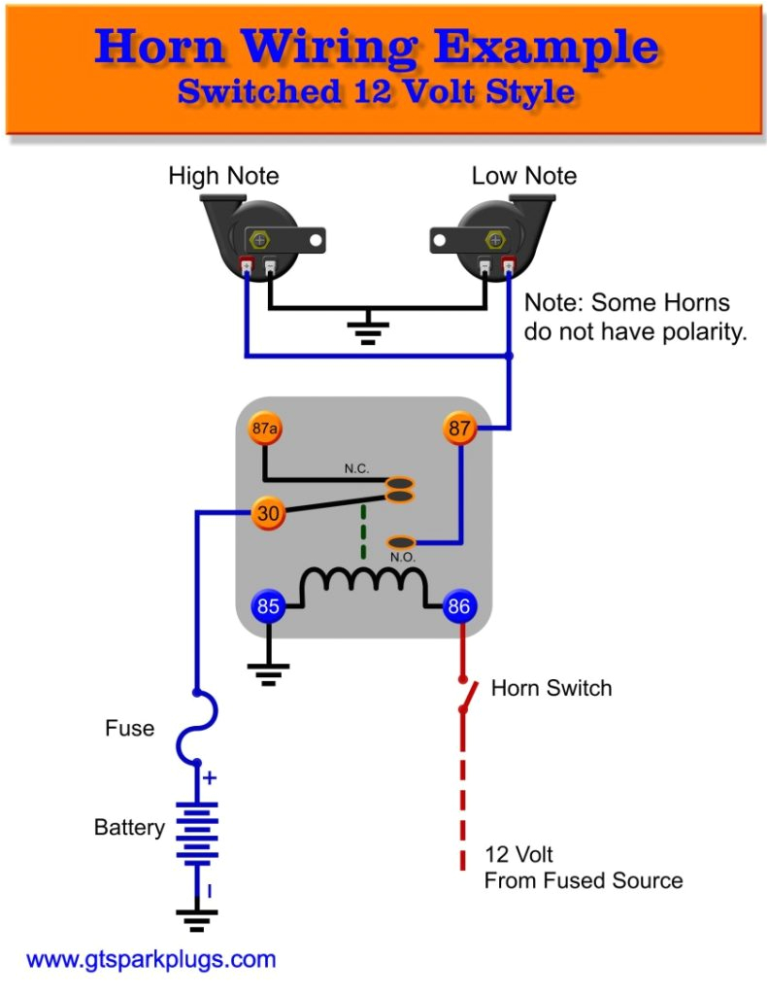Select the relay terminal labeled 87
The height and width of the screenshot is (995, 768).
pos(460,428)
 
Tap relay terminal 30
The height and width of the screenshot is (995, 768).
pos(267,513)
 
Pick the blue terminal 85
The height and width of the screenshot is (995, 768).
pos(268,607)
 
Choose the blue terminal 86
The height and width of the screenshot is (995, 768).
pos(459,607)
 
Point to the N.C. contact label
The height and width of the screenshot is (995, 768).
pos(356,468)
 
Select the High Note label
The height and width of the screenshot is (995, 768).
pos(223,176)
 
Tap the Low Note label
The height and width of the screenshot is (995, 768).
pos(523,176)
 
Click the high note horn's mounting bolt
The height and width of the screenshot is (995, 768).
pos(259,239)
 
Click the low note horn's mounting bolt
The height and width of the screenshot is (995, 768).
pos(494,239)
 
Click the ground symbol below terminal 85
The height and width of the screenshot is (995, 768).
pos(268,671)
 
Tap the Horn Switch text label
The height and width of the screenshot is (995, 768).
pos(551,688)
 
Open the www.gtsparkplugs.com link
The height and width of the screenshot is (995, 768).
pos(150,960)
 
